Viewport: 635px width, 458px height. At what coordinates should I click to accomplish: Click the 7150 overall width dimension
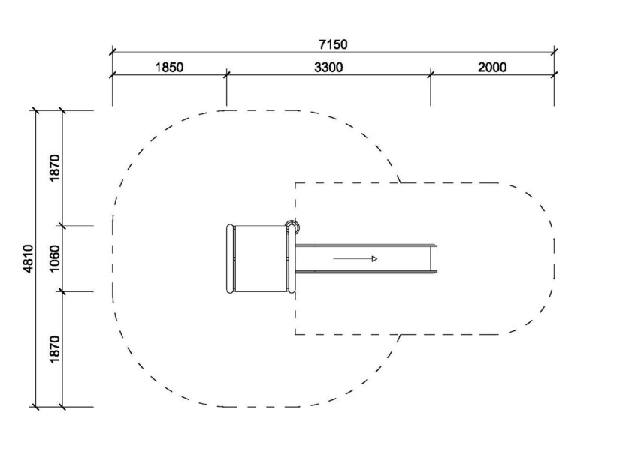333,44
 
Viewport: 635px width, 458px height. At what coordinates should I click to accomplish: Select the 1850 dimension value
169,67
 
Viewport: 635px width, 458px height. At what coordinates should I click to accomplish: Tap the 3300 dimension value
328,67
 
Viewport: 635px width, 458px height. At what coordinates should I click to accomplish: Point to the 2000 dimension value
492,67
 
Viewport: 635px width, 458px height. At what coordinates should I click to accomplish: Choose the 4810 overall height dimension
29,258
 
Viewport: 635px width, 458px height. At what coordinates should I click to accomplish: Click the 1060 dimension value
54,258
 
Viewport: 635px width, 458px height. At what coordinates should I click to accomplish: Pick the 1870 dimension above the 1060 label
54,168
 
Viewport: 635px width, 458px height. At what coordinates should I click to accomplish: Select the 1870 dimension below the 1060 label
54,349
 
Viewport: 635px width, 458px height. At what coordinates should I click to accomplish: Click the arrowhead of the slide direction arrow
374,258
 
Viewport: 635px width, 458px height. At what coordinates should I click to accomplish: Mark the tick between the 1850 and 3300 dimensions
226,74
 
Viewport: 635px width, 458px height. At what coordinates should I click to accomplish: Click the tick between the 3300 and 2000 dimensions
431,74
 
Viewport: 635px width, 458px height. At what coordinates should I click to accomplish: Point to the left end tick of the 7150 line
113,51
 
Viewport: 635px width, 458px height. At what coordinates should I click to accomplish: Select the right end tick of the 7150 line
554,51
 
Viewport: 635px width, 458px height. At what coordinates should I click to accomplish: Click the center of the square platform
261,258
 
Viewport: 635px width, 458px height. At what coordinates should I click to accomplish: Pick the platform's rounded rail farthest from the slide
230,258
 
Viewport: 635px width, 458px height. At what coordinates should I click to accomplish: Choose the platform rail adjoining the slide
291,258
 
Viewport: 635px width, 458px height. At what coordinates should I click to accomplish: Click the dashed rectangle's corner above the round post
295,183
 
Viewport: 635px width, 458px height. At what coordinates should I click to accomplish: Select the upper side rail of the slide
366,246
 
